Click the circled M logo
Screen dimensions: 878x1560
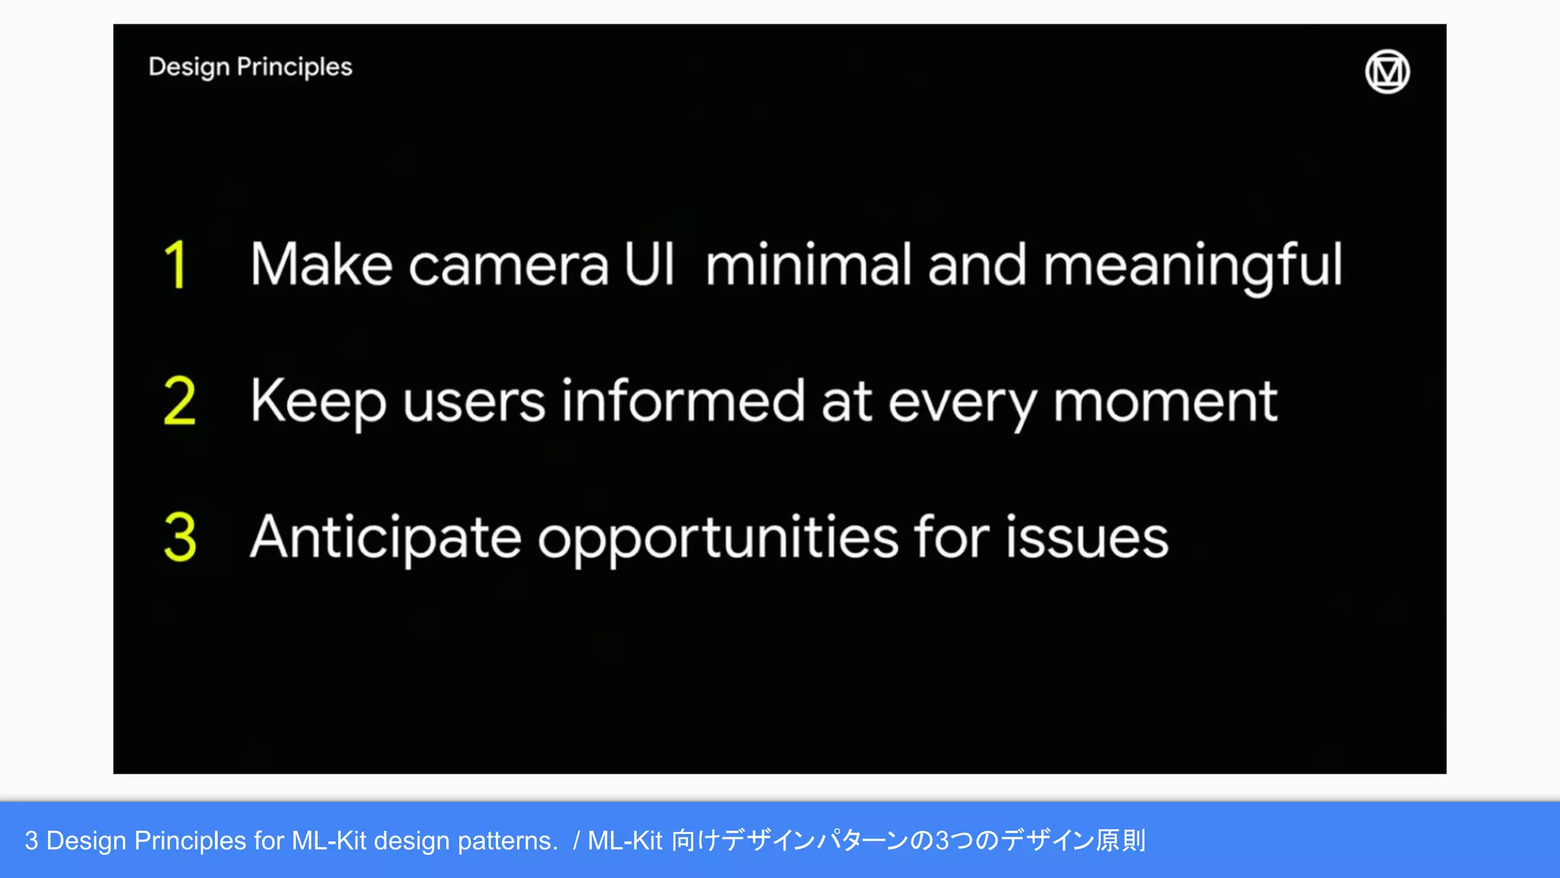[1387, 72]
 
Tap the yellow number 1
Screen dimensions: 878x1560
[176, 264]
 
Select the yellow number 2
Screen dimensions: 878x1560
[180, 401]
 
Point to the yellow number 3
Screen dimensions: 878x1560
[180, 537]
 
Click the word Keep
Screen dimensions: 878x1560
[318, 402]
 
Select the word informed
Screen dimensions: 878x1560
[683, 401]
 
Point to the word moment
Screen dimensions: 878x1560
[1165, 402]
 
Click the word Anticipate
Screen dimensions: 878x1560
[385, 538]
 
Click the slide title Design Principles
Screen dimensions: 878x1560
[251, 67]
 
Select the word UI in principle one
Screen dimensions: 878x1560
[649, 264]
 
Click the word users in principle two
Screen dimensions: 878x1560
[474, 402]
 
